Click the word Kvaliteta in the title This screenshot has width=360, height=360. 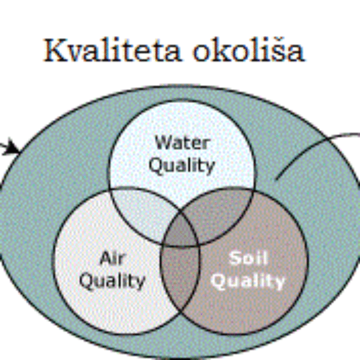click(x=112, y=50)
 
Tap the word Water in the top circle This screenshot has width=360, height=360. click(x=182, y=142)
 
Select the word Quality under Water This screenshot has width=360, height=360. click(x=182, y=165)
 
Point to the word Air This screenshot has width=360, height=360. click(x=112, y=258)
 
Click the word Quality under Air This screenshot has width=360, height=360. click(x=112, y=281)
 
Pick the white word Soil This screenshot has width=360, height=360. click(x=248, y=258)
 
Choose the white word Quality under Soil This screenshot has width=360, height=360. click(x=248, y=281)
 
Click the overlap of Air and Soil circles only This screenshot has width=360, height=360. click(x=180, y=276)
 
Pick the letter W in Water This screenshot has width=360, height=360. click(x=164, y=142)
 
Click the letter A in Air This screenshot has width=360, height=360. click(x=105, y=258)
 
